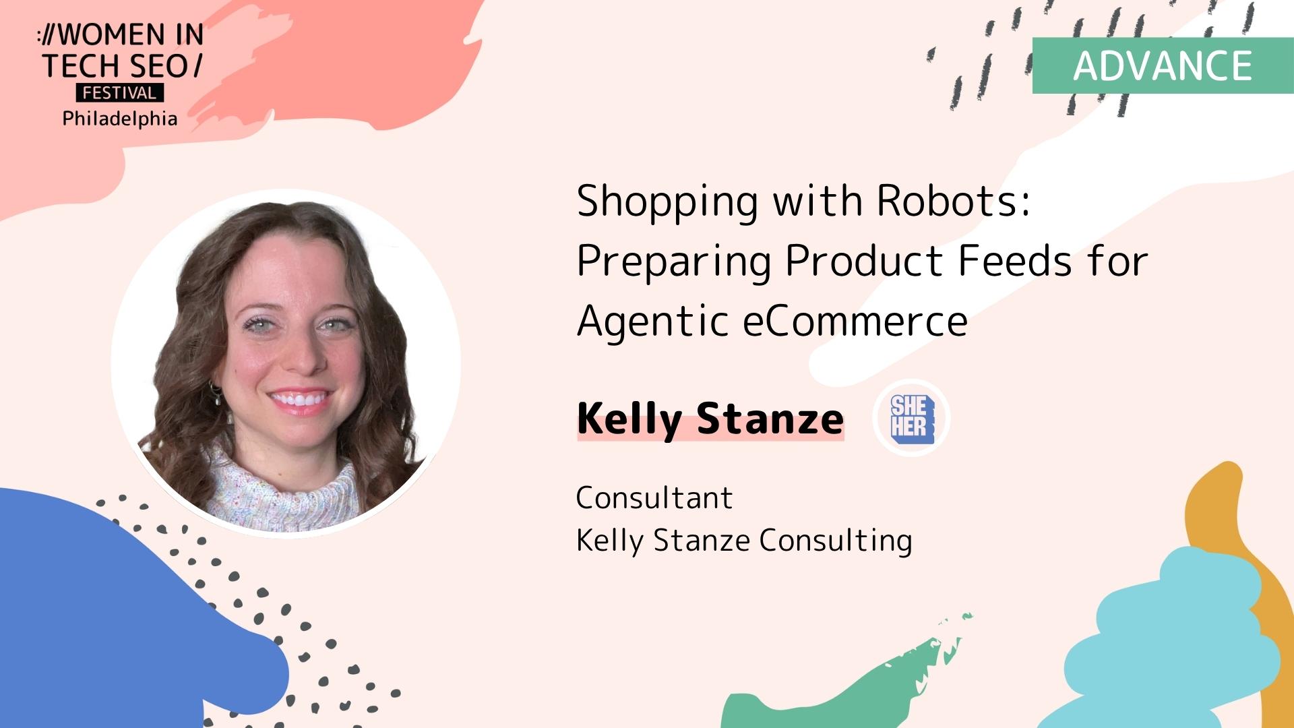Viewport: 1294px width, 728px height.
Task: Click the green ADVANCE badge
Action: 1163,65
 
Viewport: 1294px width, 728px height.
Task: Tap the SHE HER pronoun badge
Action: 912,418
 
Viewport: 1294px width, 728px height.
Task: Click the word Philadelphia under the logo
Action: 120,119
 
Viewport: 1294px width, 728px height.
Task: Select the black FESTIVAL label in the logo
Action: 120,93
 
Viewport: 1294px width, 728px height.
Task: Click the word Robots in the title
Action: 954,201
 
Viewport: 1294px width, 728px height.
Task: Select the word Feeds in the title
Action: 1014,261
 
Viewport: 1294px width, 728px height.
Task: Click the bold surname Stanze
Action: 770,419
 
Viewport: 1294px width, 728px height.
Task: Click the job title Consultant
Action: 654,498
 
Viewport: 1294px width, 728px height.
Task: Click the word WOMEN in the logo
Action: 112,35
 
